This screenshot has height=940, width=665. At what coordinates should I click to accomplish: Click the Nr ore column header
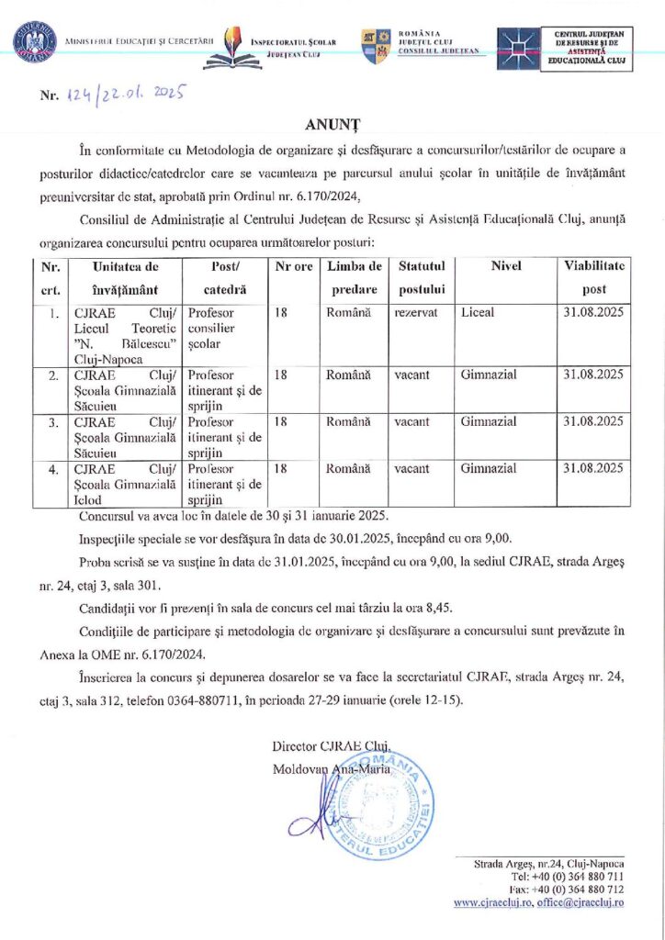pos(294,267)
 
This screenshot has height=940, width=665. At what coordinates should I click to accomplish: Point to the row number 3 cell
pos(54,421)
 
